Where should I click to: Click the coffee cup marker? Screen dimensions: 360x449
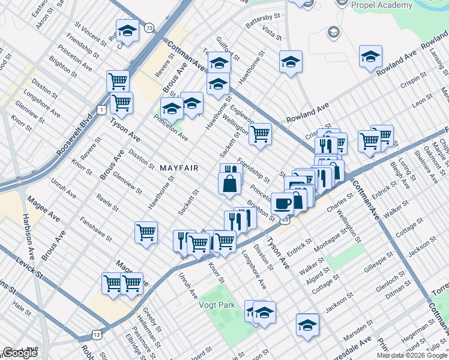283,204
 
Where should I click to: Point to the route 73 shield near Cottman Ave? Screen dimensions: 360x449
148,28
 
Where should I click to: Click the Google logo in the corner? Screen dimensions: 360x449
20,353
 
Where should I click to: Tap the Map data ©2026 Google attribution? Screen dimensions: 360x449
412,355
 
